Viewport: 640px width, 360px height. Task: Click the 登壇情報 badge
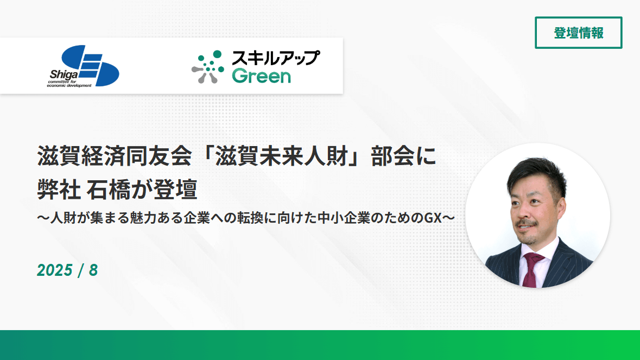click(x=578, y=33)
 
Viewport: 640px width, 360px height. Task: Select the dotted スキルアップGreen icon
click(x=208, y=67)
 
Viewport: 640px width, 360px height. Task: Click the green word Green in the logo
click(x=261, y=76)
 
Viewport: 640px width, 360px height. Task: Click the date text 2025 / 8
click(x=67, y=270)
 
